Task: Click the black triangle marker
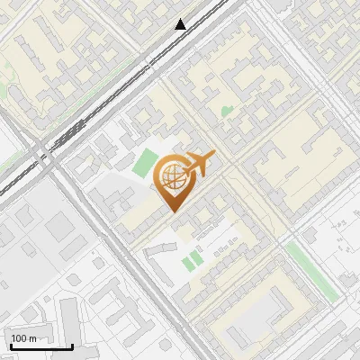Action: (181, 24)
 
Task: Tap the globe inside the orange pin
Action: (172, 177)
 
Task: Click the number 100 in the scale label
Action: (19, 338)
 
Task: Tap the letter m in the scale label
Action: (33, 338)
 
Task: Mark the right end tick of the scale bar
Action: (72, 346)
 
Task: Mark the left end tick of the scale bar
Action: (10, 346)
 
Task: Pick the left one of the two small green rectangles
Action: (187, 263)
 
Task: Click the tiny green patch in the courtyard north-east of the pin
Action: (226, 112)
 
